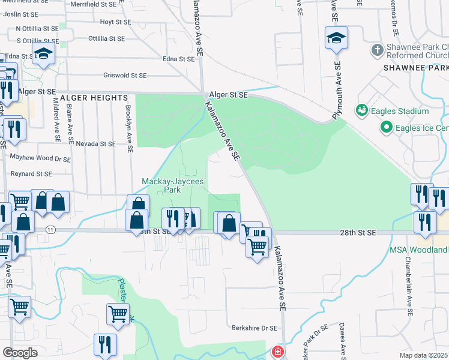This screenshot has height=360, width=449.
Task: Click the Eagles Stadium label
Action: (401, 111)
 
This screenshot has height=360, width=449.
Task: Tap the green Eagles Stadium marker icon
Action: (362, 110)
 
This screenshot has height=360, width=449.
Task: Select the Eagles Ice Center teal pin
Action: (386, 128)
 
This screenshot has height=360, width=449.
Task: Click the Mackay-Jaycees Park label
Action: (161, 185)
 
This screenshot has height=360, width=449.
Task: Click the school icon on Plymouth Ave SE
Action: (336, 38)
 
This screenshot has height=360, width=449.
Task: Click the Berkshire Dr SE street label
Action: (255, 328)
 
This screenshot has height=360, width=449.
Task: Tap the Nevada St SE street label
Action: (96, 144)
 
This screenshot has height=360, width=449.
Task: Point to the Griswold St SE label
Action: (125, 76)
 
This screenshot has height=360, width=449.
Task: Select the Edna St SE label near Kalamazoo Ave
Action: (179, 59)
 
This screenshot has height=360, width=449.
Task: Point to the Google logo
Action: (20, 353)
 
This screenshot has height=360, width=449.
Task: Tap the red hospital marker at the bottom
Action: (278, 352)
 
